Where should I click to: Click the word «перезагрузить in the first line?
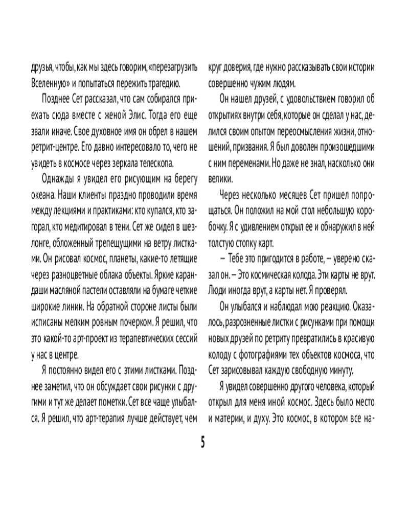pos(172,67)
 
